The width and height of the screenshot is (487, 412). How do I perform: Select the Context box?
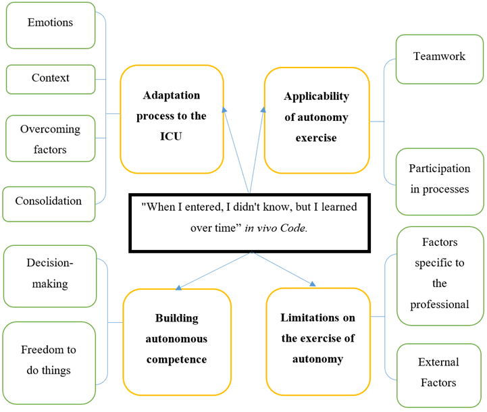[50, 78]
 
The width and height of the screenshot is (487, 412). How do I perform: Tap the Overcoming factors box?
[50, 138]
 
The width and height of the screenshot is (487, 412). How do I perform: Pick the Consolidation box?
[48, 201]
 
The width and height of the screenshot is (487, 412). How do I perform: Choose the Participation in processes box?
[439, 178]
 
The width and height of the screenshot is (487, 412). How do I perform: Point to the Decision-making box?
[50, 274]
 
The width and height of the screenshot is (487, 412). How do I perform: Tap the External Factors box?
[439, 373]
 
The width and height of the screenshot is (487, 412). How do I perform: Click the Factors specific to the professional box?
[439, 273]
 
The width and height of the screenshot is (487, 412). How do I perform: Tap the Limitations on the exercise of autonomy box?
[317, 338]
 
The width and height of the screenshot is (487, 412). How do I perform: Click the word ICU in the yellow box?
[172, 136]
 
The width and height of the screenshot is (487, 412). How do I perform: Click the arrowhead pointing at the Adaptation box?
[224, 108]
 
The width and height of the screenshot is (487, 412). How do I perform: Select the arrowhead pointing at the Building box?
[178, 287]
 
